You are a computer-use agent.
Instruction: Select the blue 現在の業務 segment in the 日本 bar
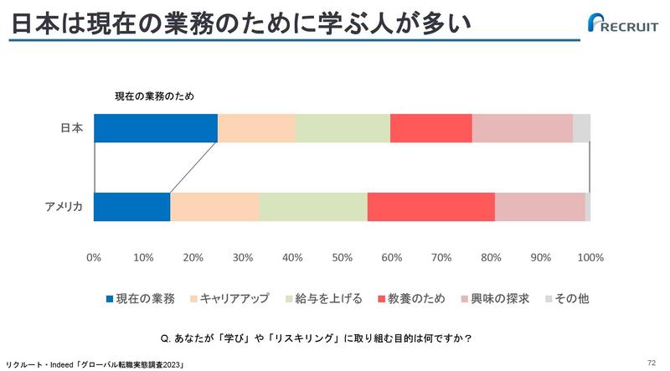coord(155,128)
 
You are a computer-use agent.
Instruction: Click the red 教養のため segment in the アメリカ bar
coord(430,207)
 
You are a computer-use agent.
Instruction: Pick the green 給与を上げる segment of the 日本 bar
coord(343,128)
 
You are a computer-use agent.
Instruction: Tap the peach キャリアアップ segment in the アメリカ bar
coord(214,207)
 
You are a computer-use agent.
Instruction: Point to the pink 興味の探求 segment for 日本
coord(522,128)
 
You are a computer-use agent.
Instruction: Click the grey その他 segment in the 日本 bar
coord(581,128)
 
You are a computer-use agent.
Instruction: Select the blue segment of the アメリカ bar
coord(131,207)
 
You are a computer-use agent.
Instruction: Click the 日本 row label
coord(72,128)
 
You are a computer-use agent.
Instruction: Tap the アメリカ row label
coord(64,207)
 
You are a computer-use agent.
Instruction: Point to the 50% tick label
coord(342,256)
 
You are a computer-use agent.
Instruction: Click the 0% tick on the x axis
coord(94,256)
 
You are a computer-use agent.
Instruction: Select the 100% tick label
coord(590,256)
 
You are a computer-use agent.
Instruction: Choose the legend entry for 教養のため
coord(414,298)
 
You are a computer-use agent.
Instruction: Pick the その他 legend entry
coord(567,298)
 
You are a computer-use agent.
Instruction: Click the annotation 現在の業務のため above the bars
coord(154,96)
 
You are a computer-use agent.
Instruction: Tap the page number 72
coord(652,362)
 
